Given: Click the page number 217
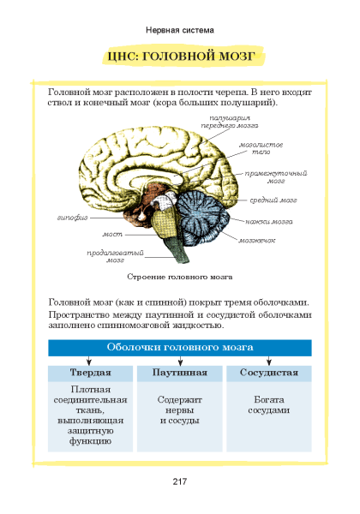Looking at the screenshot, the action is [180, 481].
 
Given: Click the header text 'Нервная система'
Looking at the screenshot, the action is [180, 31].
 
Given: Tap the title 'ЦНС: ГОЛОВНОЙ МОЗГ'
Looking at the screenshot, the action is [182, 56].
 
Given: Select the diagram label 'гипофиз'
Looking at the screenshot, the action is [73, 218].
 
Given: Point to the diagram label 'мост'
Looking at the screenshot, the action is [112, 235].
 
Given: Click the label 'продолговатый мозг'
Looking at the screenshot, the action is [115, 257].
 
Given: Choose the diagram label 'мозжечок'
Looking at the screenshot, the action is [257, 240].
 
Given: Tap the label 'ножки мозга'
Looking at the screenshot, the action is [269, 222].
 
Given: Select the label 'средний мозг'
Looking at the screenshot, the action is [273, 200].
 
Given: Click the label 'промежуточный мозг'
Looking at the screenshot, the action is [276, 177].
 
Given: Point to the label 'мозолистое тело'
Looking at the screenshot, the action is [261, 148].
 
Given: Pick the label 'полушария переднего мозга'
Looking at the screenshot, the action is [230, 122].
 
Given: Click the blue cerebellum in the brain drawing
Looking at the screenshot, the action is [204, 216].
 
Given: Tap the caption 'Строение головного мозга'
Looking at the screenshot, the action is [180, 277].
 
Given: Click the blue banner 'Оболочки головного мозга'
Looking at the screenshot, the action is [180, 348].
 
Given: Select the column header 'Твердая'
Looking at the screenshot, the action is [91, 373].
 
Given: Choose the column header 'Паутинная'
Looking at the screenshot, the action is [180, 373].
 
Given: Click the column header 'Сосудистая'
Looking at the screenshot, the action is [269, 373].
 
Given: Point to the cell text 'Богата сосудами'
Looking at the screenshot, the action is [269, 405].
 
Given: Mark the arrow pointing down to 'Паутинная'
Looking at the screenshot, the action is [180, 361].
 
